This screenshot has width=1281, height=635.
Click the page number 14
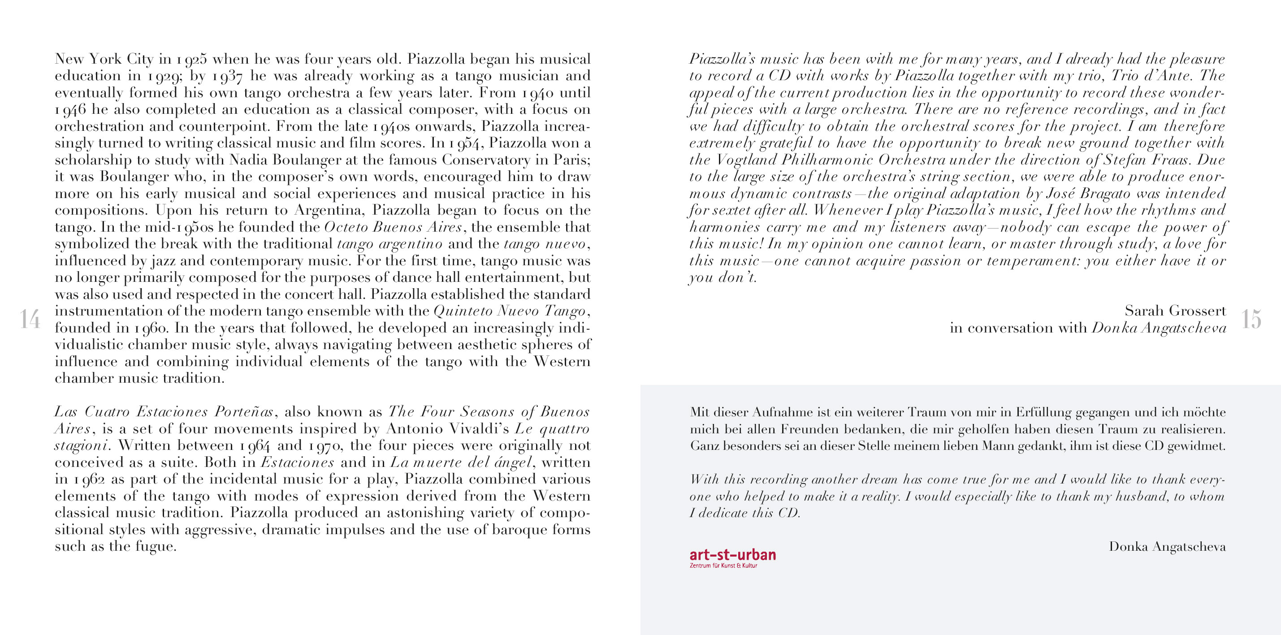tap(30, 319)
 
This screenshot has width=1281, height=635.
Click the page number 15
tap(1251, 319)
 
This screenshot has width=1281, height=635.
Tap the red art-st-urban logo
tap(732, 554)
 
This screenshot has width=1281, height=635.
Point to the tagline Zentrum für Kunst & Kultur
tap(723, 566)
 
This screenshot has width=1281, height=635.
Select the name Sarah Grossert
tap(1175, 311)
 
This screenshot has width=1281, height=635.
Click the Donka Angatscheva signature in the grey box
tap(1167, 546)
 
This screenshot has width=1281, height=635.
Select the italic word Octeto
tap(346, 227)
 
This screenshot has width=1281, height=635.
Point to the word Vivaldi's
tap(479, 429)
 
